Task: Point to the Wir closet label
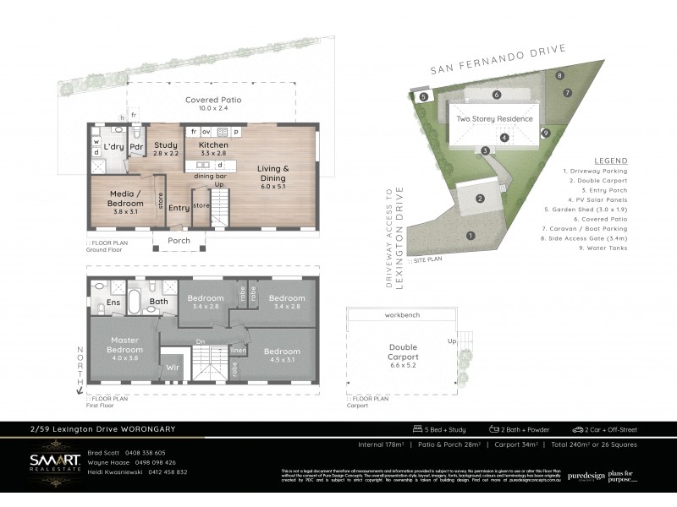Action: [172, 368]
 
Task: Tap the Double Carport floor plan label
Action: [403, 351]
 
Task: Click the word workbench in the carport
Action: [403, 314]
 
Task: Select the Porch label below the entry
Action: [179, 241]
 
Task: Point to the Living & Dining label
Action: [274, 173]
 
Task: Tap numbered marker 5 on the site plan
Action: [423, 97]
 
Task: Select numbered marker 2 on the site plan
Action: [479, 199]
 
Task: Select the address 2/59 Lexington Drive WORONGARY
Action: [102, 429]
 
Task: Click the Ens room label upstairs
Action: [112, 301]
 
